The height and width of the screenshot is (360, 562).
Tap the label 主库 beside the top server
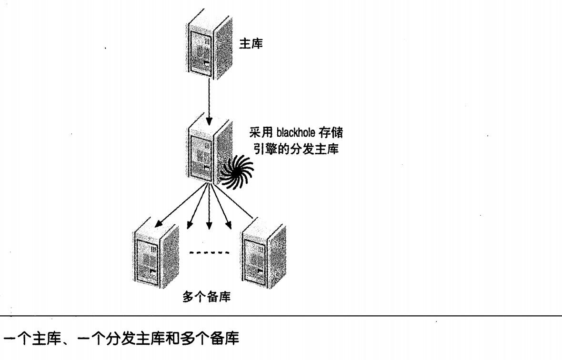[250, 44]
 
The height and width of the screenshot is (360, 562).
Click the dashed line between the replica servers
[210, 252]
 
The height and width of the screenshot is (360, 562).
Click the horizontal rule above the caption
[281, 315]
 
